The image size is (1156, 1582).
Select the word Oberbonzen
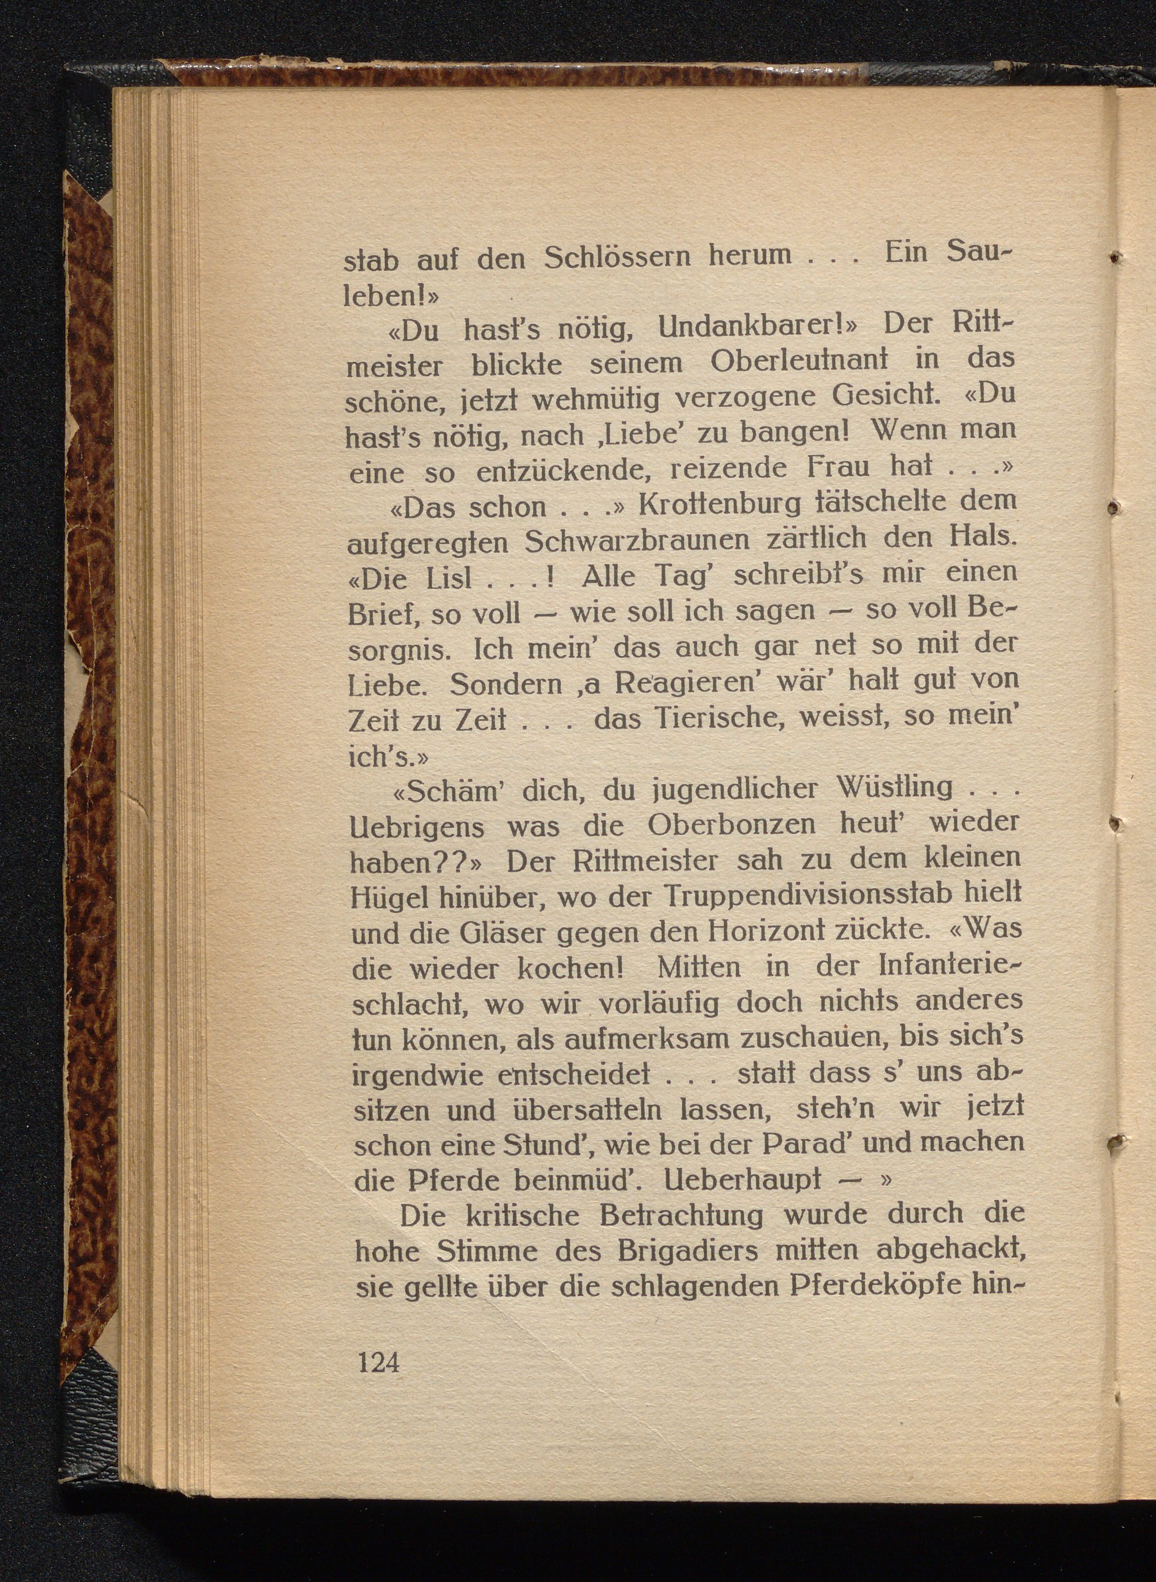[x=731, y=824]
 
